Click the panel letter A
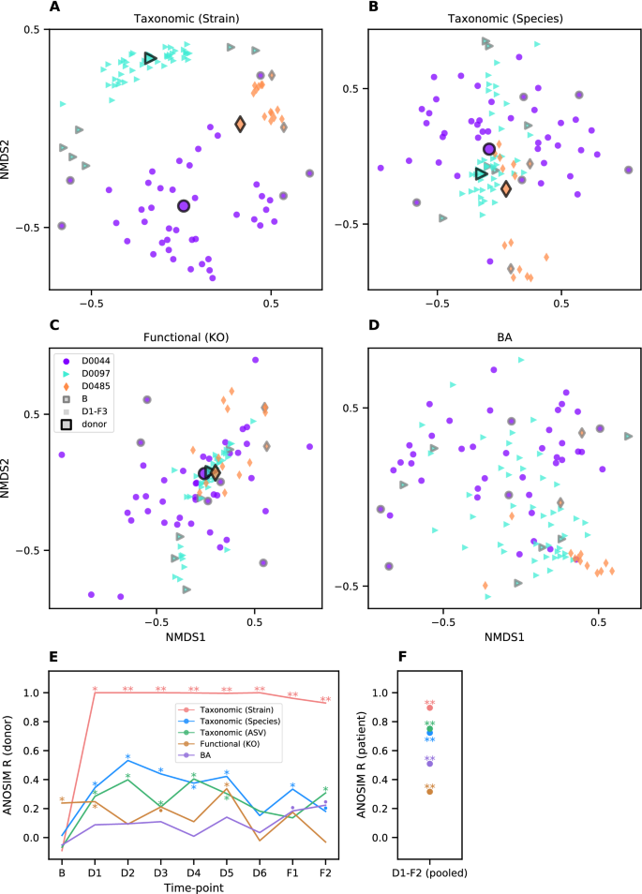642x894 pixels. pos(54,8)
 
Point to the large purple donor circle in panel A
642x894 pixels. pos(184,206)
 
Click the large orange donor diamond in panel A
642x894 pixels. pos(240,125)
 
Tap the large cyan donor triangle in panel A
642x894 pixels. pos(150,59)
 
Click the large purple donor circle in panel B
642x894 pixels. pos(488,149)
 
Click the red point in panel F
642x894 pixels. pos(429,708)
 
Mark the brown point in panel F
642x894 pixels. pos(429,792)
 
